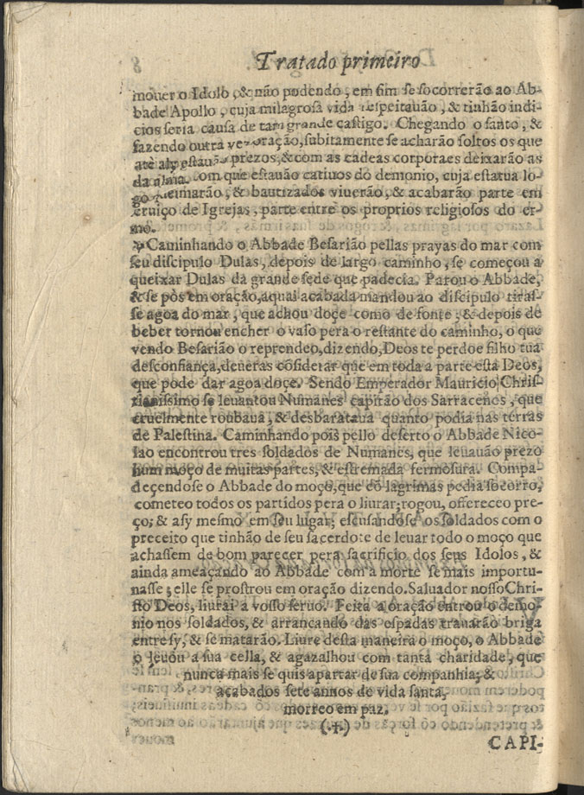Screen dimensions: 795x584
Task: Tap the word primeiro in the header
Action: (x=381, y=62)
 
